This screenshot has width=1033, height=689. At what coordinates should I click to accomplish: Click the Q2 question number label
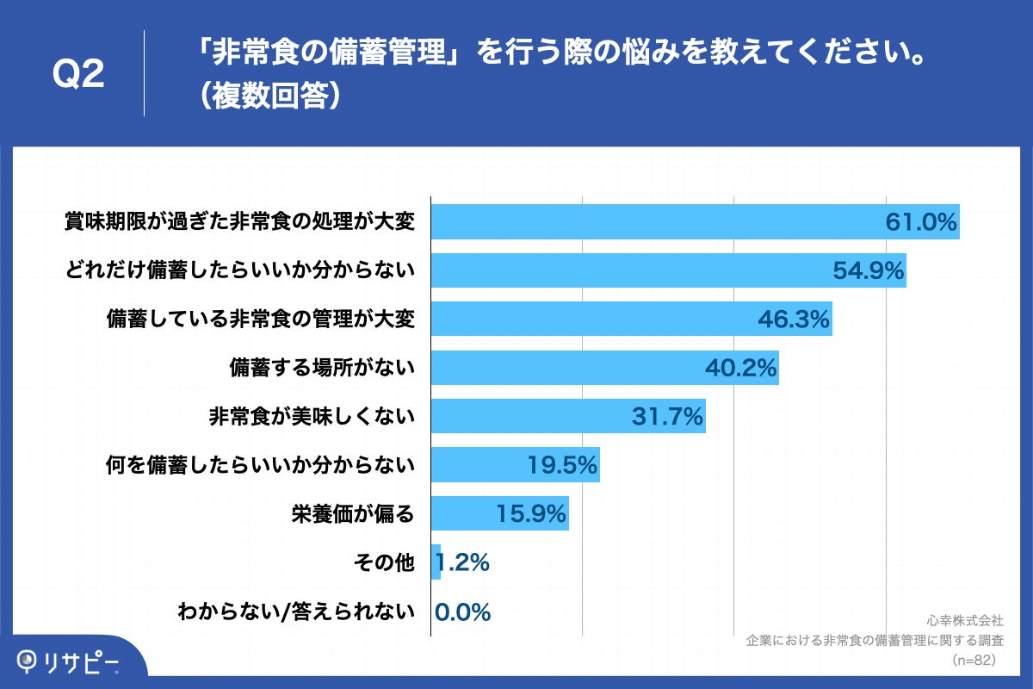(x=78, y=75)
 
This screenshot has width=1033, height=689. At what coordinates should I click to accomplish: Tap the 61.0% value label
(x=921, y=222)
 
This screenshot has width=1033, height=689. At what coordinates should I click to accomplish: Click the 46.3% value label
(x=793, y=320)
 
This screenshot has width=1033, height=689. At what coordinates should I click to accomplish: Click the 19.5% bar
(x=515, y=465)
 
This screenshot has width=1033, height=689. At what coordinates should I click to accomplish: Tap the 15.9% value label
(x=530, y=514)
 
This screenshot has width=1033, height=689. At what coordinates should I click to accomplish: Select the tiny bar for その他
(x=436, y=562)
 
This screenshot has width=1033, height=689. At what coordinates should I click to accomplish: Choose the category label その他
(x=384, y=563)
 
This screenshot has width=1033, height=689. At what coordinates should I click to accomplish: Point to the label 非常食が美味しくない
(x=312, y=417)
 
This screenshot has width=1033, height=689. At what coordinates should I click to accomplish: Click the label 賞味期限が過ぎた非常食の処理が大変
(x=240, y=222)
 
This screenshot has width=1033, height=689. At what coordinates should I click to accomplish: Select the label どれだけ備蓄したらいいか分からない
(x=240, y=270)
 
